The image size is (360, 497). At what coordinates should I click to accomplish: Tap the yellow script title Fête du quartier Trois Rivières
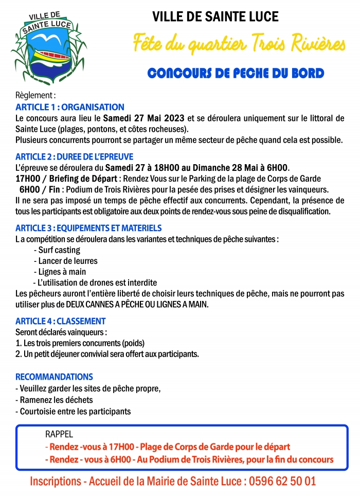pos(239,44)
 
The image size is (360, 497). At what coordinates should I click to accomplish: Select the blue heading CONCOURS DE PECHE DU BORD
pos(236,73)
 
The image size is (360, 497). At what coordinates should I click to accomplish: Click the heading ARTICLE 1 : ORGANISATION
pos(70,108)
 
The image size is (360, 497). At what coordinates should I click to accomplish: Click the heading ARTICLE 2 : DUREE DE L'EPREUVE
pos(75,157)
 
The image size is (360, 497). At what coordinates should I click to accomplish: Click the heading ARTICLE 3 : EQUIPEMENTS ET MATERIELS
pos(88,228)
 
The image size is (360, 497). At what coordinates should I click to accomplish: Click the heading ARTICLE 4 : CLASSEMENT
pos(61,322)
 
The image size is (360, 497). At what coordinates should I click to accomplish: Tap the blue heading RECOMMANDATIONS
pos(54,377)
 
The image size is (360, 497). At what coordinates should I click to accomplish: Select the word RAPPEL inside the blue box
pos(59,434)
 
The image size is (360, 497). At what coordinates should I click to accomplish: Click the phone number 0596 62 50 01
pos(281,482)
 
